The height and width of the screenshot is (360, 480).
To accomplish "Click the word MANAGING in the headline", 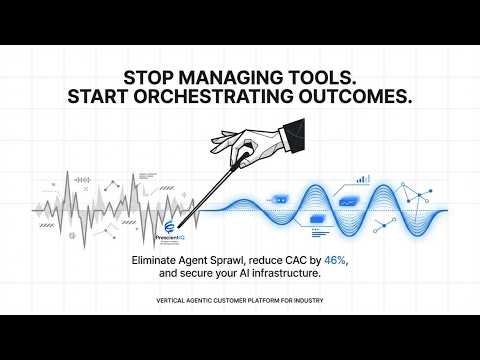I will click(233, 76).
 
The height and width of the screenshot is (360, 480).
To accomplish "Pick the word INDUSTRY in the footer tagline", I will click(306, 300).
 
